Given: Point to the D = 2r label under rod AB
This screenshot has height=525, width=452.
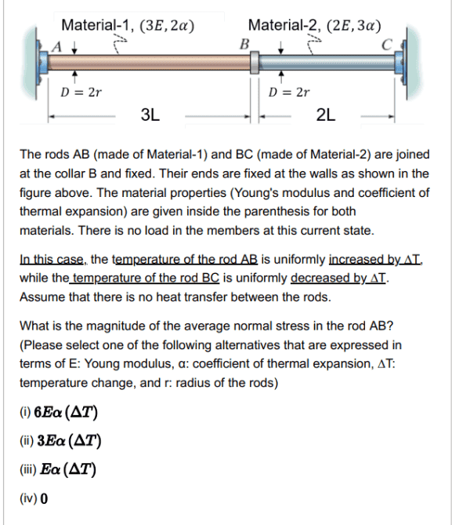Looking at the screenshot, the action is coord(81,93).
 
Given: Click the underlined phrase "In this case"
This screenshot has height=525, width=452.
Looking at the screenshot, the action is coord(53,259).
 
